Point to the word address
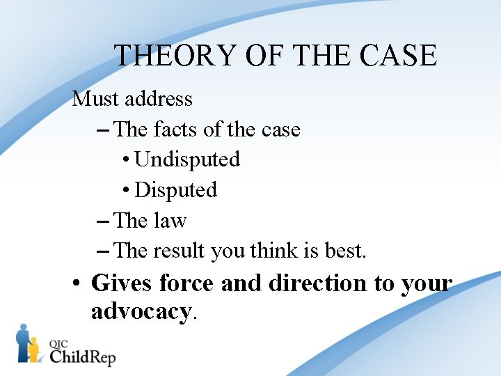pyautogui.click(x=158, y=99)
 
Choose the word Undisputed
pyautogui.click(x=187, y=159)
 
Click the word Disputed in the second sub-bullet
pyautogui.click(x=176, y=190)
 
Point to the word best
pyautogui.click(x=345, y=251)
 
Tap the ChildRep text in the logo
pyautogui.click(x=82, y=357)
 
